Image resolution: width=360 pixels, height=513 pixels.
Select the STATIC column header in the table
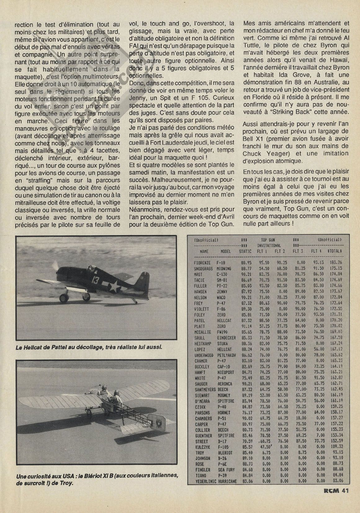point(245,252)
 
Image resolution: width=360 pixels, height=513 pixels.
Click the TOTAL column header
point(334,252)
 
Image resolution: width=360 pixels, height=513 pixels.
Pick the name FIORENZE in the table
point(202,263)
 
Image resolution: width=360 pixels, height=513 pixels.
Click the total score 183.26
point(335,263)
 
